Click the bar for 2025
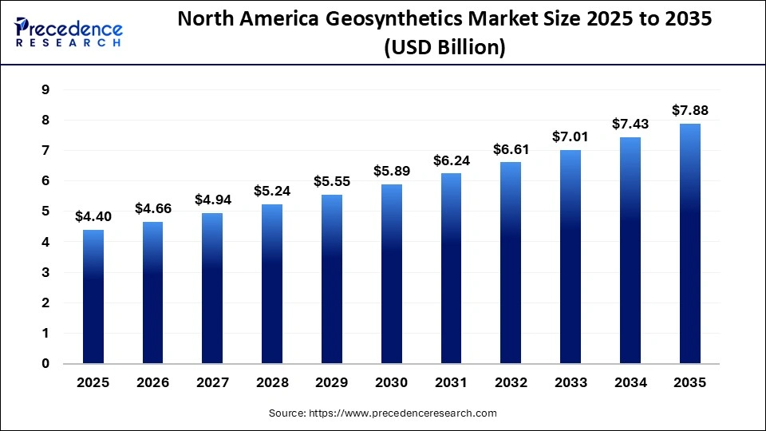pos(93,297)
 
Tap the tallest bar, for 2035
pos(690,243)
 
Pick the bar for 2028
pos(273,283)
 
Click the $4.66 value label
pos(152,208)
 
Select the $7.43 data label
pos(630,124)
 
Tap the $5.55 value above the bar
pos(332,181)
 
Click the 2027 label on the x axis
pos(212,382)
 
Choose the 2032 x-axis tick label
pos(511,382)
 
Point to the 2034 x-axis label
pos(630,382)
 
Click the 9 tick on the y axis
pos(45,90)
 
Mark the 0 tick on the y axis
pos(45,364)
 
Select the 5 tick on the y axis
pos(45,212)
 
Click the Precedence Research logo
pos(69,33)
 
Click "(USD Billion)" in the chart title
pos(445,48)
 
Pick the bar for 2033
pos(571,257)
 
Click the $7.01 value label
pos(571,136)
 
